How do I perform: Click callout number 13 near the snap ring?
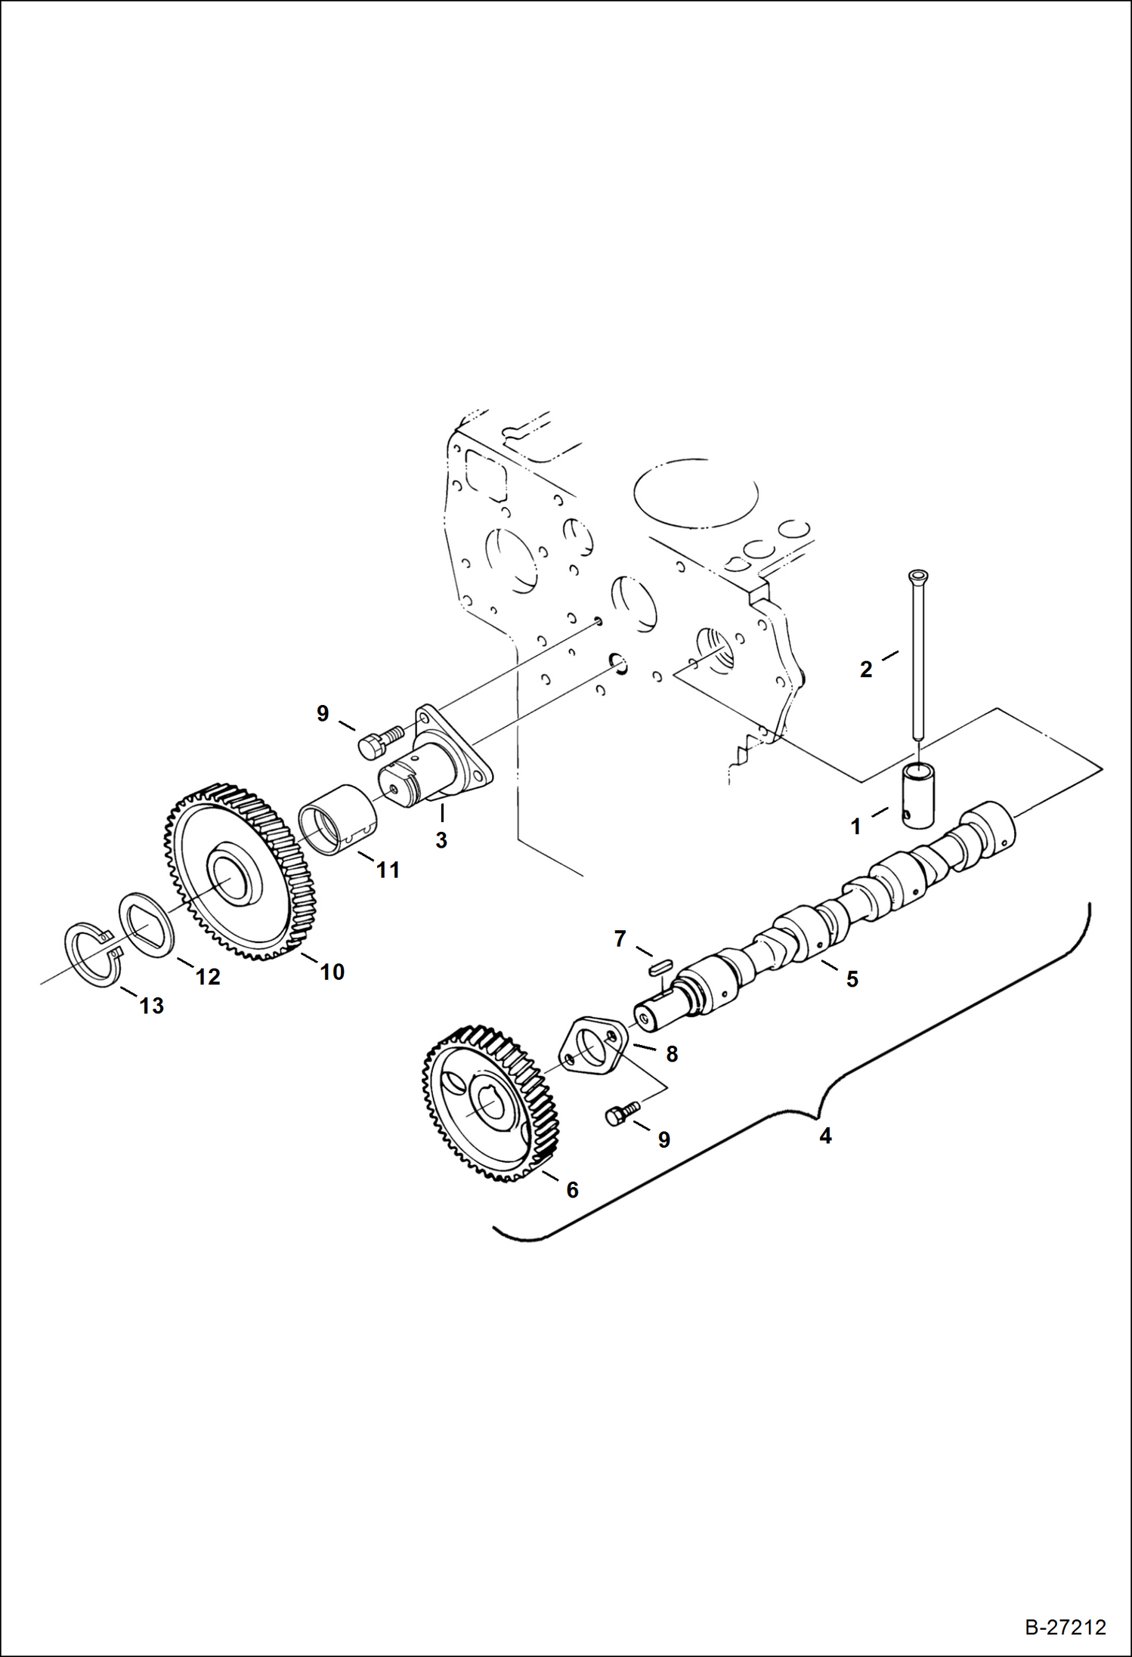click(x=151, y=1006)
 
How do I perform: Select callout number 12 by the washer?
click(x=207, y=976)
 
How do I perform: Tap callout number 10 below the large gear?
click(x=332, y=972)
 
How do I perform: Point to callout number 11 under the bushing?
click(x=388, y=870)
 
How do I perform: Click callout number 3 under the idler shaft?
click(x=441, y=839)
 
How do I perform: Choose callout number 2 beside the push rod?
click(x=866, y=669)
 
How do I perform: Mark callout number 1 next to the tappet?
click(x=855, y=827)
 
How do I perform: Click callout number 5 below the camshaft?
click(x=852, y=979)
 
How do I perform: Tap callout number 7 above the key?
click(x=620, y=938)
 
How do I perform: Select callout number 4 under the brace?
click(x=825, y=1136)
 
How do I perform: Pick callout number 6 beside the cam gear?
click(x=572, y=1190)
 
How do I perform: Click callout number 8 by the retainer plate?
click(x=671, y=1054)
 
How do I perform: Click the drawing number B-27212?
click(x=1065, y=1627)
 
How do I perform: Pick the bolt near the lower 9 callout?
click(x=621, y=1114)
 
